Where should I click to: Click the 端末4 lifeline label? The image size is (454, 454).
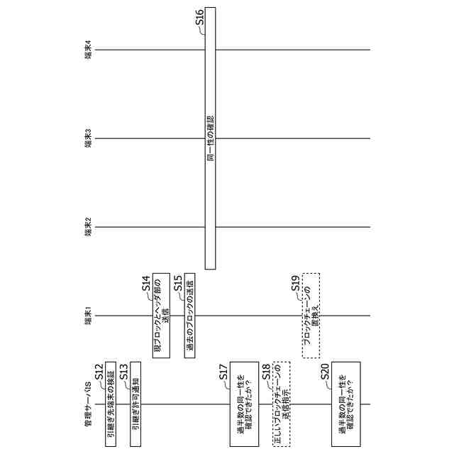coord(87,50)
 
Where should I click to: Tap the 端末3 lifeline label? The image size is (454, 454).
coord(87,138)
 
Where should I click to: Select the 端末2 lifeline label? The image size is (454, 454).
coord(87,228)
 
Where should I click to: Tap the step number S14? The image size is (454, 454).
coord(146,284)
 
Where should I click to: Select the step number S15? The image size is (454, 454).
coord(178,284)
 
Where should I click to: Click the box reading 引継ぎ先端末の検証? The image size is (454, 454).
coord(111,405)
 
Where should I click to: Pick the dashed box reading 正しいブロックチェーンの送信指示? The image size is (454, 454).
coord(278,405)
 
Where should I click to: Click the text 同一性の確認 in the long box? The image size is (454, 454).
coord(210,138)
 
